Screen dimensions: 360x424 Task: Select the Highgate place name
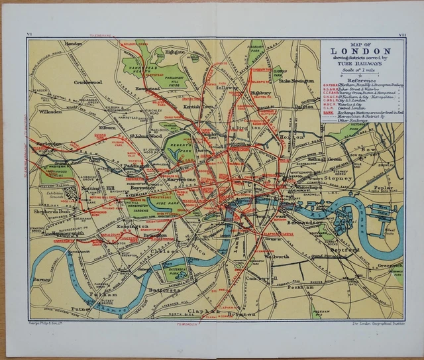[176, 51]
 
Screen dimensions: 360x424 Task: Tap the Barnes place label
[41, 280]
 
